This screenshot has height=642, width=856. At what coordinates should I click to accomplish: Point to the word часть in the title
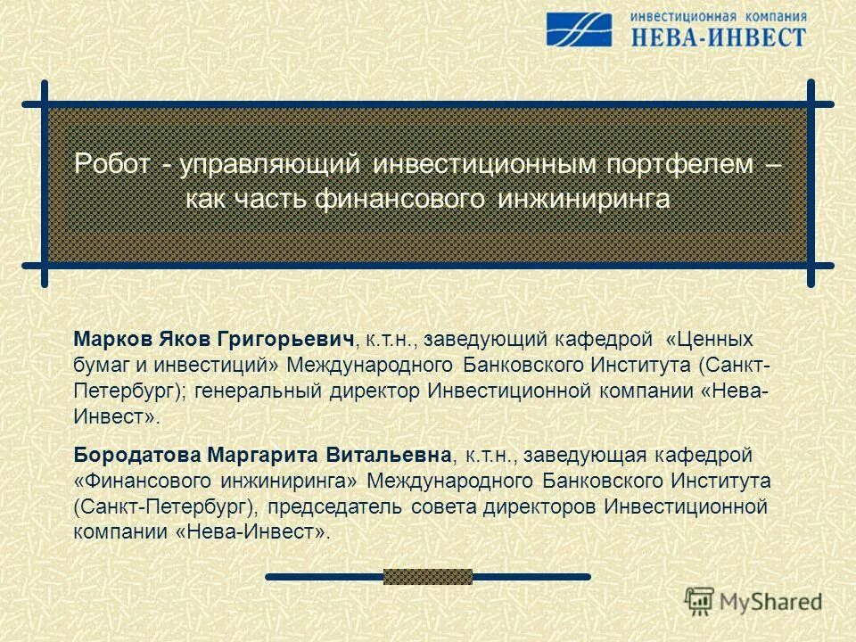pyautogui.click(x=270, y=198)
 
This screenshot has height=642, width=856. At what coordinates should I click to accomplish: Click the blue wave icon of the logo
pyautogui.click(x=580, y=29)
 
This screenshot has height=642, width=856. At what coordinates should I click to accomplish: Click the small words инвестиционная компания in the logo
pyautogui.click(x=719, y=15)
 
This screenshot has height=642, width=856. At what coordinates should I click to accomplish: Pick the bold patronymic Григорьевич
pyautogui.click(x=298, y=340)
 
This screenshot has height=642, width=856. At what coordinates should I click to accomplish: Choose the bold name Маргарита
pyautogui.click(x=251, y=456)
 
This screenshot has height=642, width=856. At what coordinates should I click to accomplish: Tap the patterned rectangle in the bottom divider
pyautogui.click(x=428, y=577)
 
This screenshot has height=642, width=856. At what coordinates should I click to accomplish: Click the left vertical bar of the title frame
pyautogui.click(x=45, y=183)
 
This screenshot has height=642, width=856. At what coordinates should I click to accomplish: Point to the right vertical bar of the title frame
pyautogui.click(x=811, y=183)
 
